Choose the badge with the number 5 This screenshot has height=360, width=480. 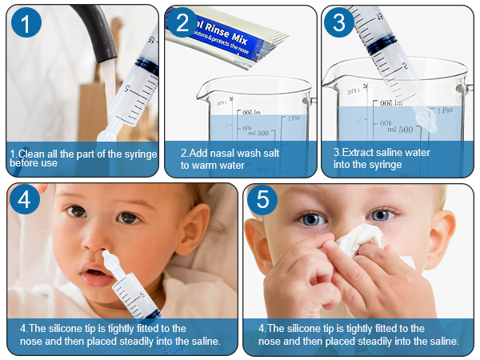[x=264, y=200]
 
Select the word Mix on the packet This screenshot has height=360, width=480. [x=254, y=39]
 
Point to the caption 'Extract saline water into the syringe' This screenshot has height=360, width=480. [x=382, y=158]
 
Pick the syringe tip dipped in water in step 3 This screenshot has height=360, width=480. [x=427, y=119]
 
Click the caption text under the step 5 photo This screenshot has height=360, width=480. [x=358, y=334]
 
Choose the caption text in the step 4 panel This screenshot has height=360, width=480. [x=119, y=334]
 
